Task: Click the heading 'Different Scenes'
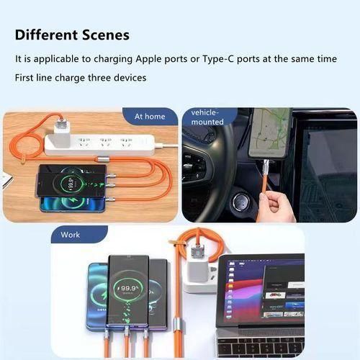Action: [x=72, y=35]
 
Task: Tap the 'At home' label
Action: [x=150, y=116]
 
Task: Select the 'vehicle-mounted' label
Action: [x=208, y=117]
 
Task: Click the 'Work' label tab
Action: [x=71, y=235]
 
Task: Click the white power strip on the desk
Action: [x=101, y=143]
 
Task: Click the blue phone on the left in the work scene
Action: [x=97, y=295]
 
